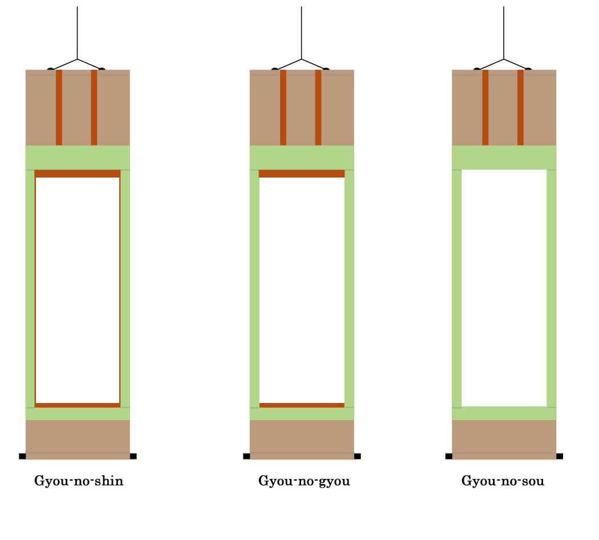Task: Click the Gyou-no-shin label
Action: [79, 481]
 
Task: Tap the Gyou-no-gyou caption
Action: [304, 481]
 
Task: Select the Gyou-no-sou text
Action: [503, 481]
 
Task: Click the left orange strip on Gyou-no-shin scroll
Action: [59, 107]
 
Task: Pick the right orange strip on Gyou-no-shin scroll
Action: [94, 107]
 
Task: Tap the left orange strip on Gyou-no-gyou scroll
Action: [283, 107]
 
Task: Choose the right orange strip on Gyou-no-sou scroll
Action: [520, 107]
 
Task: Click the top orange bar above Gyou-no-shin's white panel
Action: [78, 174]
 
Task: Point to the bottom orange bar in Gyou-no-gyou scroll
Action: [302, 405]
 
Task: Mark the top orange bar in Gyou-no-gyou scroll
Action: [302, 174]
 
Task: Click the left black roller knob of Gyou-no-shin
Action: [22, 456]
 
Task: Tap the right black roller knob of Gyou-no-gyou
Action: [357, 456]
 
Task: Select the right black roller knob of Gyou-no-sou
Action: [560, 456]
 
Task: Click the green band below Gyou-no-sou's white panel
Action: [504, 413]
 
